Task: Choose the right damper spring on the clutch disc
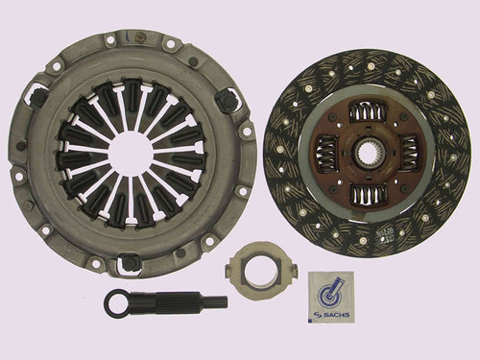click(407, 154)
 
